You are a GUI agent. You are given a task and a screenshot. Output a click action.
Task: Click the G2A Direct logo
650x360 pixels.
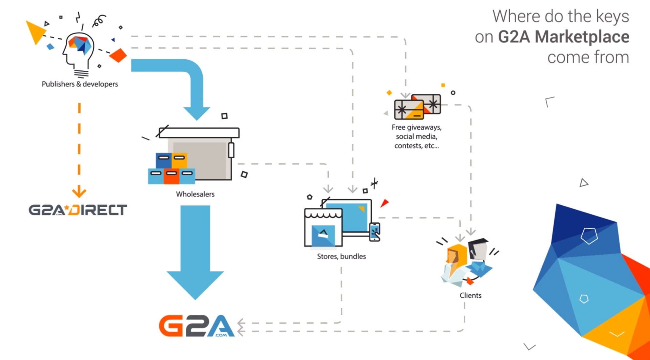78,210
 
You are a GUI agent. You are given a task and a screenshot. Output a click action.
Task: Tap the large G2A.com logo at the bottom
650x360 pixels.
196,326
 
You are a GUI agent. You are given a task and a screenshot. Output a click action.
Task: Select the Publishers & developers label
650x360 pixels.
80,84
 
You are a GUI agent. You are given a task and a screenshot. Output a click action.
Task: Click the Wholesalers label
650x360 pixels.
195,194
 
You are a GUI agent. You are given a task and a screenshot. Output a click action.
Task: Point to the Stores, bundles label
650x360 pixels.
341,256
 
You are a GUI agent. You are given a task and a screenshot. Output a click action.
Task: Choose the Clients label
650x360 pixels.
470,295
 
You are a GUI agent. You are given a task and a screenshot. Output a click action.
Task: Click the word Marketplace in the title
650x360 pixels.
582,37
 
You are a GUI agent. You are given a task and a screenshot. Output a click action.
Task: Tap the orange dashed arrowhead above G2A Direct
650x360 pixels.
79,192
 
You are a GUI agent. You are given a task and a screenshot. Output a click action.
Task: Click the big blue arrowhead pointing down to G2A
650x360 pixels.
195,284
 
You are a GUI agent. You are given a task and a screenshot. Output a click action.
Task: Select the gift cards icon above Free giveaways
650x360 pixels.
417,107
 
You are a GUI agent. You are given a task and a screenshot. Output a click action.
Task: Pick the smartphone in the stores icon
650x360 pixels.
374,232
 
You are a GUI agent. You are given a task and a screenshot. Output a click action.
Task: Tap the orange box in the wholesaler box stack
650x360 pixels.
179,160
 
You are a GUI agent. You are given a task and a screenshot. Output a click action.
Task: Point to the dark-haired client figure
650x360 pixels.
478,257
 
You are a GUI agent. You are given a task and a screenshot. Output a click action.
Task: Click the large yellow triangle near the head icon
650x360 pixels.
35,31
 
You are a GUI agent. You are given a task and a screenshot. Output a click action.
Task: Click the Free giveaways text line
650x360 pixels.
416,128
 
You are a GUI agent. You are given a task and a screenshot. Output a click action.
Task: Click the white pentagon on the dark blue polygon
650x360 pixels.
589,236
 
